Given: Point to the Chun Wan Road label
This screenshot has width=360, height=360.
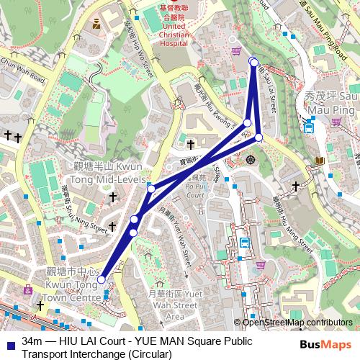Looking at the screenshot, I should pyautogui.click(x=24, y=73).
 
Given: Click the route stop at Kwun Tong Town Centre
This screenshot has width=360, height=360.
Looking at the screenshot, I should pyautogui.click(x=102, y=279).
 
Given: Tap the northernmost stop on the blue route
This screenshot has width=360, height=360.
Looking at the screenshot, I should pyautogui.click(x=253, y=61).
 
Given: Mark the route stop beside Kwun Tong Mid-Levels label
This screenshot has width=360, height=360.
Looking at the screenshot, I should pyautogui.click(x=150, y=189).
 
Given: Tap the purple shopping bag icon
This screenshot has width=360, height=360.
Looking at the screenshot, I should pyautogui.click(x=236, y=51).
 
